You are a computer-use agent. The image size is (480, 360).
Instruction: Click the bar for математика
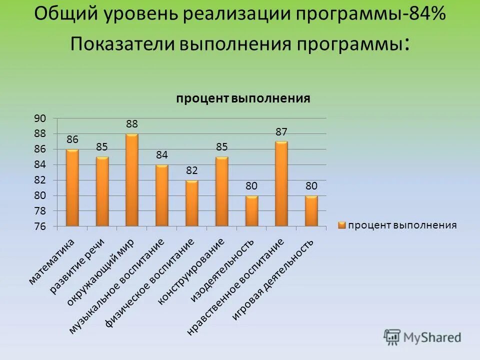pyautogui.click(x=72, y=188)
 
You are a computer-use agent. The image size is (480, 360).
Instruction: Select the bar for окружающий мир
pyautogui.click(x=132, y=180)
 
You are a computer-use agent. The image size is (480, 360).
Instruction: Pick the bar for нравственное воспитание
pyautogui.click(x=281, y=184)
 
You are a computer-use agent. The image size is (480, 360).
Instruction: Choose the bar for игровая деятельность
pyautogui.click(x=311, y=211)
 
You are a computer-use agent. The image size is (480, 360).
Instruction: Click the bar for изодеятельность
pyautogui.click(x=251, y=211)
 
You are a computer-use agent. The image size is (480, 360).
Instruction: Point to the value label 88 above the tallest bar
pyautogui.click(x=132, y=123)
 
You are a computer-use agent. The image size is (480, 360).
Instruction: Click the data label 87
pyautogui.click(x=281, y=131)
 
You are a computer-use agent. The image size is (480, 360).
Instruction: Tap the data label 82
pyautogui.click(x=191, y=170)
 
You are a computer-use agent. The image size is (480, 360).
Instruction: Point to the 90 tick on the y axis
pyautogui.click(x=40, y=118)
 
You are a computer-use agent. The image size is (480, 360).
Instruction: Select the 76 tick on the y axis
pyautogui.click(x=40, y=226)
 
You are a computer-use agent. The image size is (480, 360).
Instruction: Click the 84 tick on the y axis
pyautogui.click(x=40, y=164)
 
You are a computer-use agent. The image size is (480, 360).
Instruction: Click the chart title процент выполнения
pyautogui.click(x=243, y=98)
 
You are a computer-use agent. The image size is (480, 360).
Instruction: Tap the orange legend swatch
pyautogui.click(x=341, y=225)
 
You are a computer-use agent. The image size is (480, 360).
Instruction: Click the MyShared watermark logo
pyautogui.click(x=422, y=337)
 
